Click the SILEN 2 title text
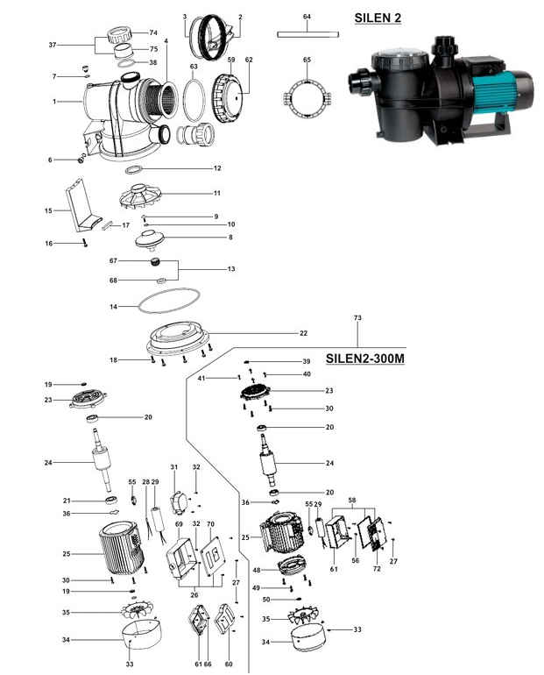[x=378, y=18]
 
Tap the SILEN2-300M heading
[x=365, y=359]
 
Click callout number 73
[x=357, y=317]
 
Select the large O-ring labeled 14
[x=169, y=302]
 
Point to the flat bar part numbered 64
[x=307, y=35]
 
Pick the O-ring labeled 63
[x=194, y=100]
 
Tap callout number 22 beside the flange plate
[x=304, y=333]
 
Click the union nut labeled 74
[x=120, y=34]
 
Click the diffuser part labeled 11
[x=141, y=197]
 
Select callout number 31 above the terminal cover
[x=173, y=467]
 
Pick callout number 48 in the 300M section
[x=257, y=570]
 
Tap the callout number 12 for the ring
[x=217, y=168]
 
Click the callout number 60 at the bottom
[x=229, y=664]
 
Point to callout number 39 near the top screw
[x=307, y=361]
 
